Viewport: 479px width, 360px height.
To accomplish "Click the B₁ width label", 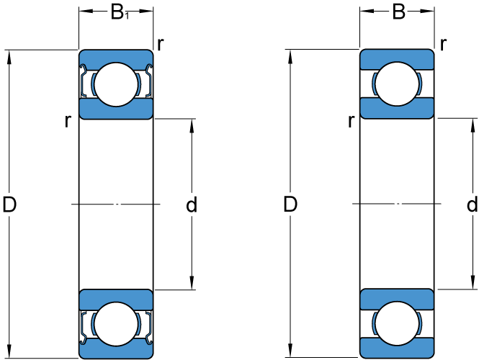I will coord(118,12).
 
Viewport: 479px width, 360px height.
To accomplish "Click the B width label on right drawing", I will coord(399,12).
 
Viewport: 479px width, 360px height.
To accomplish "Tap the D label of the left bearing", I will coord(9,205).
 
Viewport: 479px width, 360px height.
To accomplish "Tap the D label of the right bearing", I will coord(290,205).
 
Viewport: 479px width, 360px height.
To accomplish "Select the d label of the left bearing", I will coord(192,206).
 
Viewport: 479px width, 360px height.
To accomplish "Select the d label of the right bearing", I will coord(472,205).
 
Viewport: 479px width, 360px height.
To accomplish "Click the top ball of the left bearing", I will coord(116,84).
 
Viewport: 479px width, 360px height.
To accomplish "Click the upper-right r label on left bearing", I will coord(160,43).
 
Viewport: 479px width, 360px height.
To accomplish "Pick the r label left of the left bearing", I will coord(68,121).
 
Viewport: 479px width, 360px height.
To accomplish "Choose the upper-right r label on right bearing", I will coord(443,43).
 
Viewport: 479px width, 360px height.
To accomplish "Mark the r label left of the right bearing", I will coord(351,121).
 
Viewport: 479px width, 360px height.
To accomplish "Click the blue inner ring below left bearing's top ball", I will coord(116,110).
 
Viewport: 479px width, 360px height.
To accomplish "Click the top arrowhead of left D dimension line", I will coord(9,55).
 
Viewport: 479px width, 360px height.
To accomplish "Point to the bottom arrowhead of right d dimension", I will coord(473,284).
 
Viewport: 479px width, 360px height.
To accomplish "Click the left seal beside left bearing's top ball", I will coord(85,83).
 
